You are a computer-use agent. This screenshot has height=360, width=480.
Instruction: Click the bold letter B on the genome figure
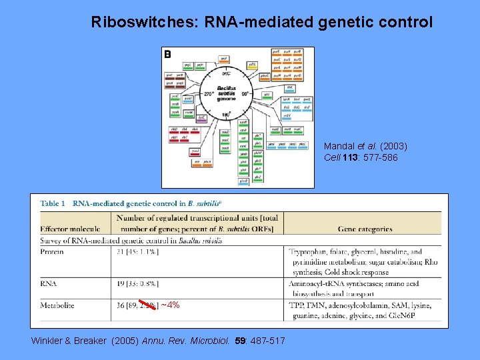[x=168, y=55]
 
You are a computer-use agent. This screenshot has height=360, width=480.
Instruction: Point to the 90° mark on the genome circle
[x=245, y=94]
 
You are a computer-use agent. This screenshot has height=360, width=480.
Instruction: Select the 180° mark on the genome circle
[x=225, y=115]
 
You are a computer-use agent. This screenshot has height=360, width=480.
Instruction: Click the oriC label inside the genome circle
[x=225, y=73]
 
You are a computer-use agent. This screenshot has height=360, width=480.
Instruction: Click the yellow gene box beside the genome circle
[x=252, y=65]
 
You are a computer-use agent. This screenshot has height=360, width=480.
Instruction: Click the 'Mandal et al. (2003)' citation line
[x=365, y=146]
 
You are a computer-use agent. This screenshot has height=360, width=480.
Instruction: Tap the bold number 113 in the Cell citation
[x=349, y=157]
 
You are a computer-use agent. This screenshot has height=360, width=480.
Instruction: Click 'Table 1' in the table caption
[x=53, y=203]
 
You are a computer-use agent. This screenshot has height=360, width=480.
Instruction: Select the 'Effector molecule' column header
[x=70, y=229]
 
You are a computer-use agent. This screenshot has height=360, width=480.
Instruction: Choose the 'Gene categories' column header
[x=365, y=229]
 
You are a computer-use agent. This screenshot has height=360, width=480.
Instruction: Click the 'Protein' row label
[x=52, y=252]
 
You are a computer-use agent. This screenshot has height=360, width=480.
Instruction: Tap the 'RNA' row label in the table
[x=48, y=283]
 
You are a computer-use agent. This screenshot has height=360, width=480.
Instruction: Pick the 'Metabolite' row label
[x=57, y=305]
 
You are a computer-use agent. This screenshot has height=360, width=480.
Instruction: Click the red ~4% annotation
[x=171, y=305]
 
